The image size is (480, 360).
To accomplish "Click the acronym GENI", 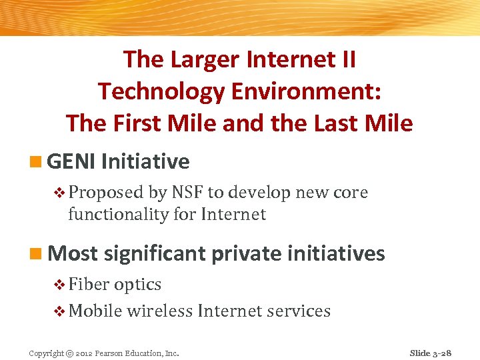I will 72,161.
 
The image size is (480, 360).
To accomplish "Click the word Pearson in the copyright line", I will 110,353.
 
